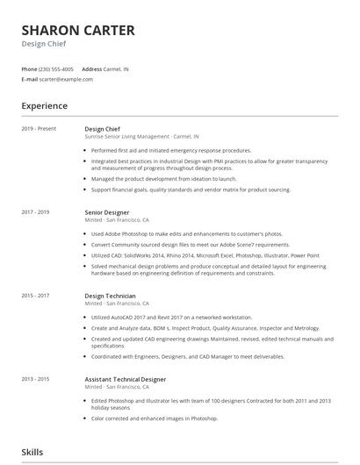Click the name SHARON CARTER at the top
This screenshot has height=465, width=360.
pos(78,31)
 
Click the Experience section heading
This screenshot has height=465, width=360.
pos(45,106)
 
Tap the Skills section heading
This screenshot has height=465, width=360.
pos(32,451)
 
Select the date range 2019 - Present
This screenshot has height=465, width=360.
pos(39,129)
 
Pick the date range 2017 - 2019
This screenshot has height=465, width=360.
pos(36,212)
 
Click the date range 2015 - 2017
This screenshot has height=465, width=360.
pos(36,296)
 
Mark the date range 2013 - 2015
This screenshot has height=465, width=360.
pos(36,379)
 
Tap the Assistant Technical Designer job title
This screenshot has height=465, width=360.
pos(126,379)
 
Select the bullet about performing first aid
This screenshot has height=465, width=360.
pos(171,150)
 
